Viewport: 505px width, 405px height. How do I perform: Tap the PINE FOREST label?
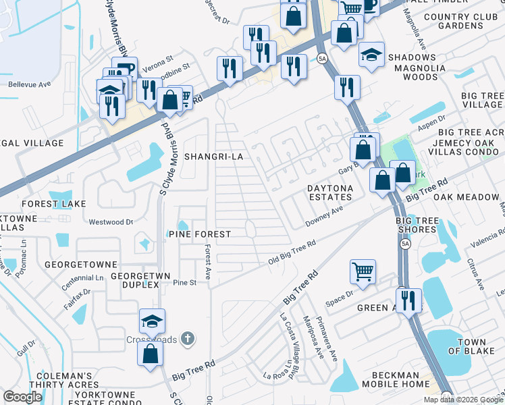[x=199, y=234]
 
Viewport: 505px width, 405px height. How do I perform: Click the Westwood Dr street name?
[x=111, y=221]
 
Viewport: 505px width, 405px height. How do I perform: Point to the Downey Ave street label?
[x=325, y=216]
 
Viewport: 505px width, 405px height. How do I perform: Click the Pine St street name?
[x=184, y=283]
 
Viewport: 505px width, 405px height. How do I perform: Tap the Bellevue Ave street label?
[x=30, y=85]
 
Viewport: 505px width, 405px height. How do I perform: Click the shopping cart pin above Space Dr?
[x=363, y=272]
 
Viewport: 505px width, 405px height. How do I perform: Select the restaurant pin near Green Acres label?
[x=408, y=301]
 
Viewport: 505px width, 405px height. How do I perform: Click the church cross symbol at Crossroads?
[x=191, y=338]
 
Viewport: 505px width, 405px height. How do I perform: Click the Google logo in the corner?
[x=22, y=397]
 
